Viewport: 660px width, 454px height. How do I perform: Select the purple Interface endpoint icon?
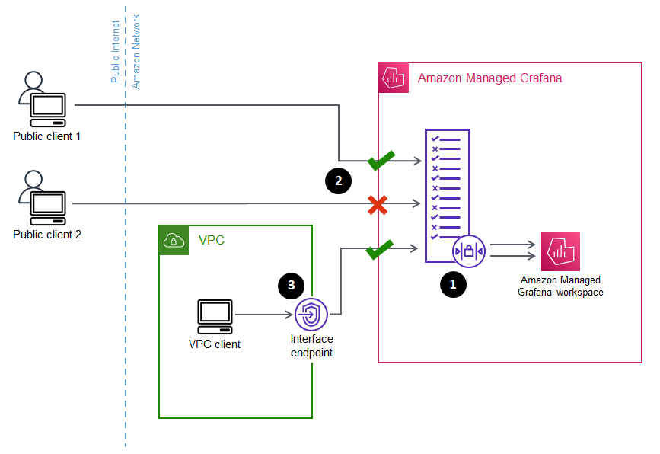tap(311, 314)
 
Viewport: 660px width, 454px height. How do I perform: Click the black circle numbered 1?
tap(454, 284)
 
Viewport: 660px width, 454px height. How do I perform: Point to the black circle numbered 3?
tap(292, 284)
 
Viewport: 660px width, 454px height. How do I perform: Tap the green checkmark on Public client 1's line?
tap(381, 160)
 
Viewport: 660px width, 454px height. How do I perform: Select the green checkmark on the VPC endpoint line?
tap(380, 248)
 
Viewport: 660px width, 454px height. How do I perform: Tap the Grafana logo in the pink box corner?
tap(394, 78)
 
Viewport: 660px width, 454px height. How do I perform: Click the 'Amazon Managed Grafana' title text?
tap(489, 78)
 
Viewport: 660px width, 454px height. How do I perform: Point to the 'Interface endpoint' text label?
tap(311, 346)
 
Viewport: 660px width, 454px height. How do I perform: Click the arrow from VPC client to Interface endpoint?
tap(263, 314)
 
